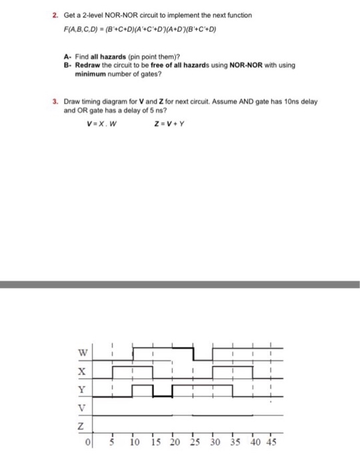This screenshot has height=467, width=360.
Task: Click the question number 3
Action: pyautogui.click(x=57, y=101)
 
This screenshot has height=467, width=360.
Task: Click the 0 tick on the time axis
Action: pyautogui.click(x=89, y=443)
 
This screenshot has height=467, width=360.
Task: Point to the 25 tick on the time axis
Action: pyautogui.click(x=194, y=442)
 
